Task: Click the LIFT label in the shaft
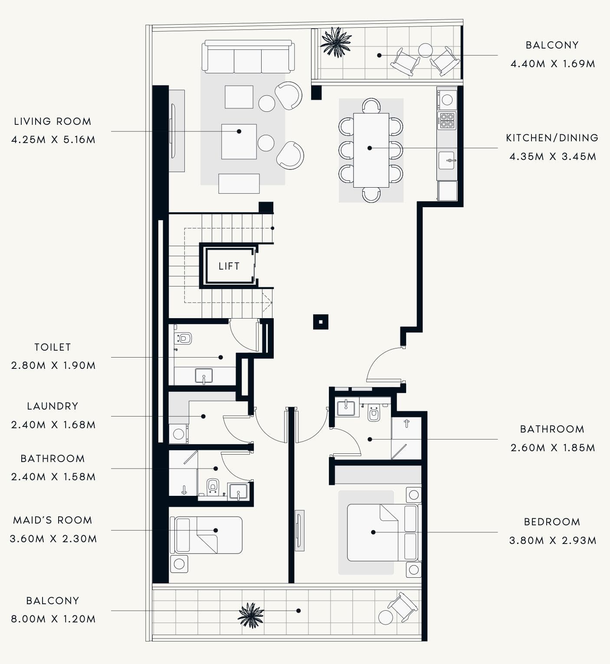pyautogui.click(x=229, y=266)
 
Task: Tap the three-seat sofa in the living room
pyautogui.click(x=248, y=58)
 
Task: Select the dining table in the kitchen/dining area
pyautogui.click(x=371, y=150)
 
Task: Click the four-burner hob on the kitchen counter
pyautogui.click(x=446, y=120)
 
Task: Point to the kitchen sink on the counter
pyautogui.click(x=446, y=160)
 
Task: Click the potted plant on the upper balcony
pyautogui.click(x=335, y=42)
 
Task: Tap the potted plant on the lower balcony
pyautogui.click(x=250, y=615)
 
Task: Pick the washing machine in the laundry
pyautogui.click(x=178, y=434)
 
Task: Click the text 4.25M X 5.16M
pyautogui.click(x=53, y=140)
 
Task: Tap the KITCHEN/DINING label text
pyautogui.click(x=552, y=138)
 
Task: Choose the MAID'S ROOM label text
pyautogui.click(x=52, y=520)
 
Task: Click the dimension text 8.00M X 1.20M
pyautogui.click(x=53, y=619)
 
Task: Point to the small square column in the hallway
pyautogui.click(x=321, y=322)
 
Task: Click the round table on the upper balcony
pyautogui.click(x=425, y=50)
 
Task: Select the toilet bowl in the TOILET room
pyautogui.click(x=184, y=338)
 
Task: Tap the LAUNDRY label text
pyautogui.click(x=52, y=406)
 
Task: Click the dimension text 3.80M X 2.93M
pyautogui.click(x=552, y=540)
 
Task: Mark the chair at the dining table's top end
pyautogui.click(x=371, y=105)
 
